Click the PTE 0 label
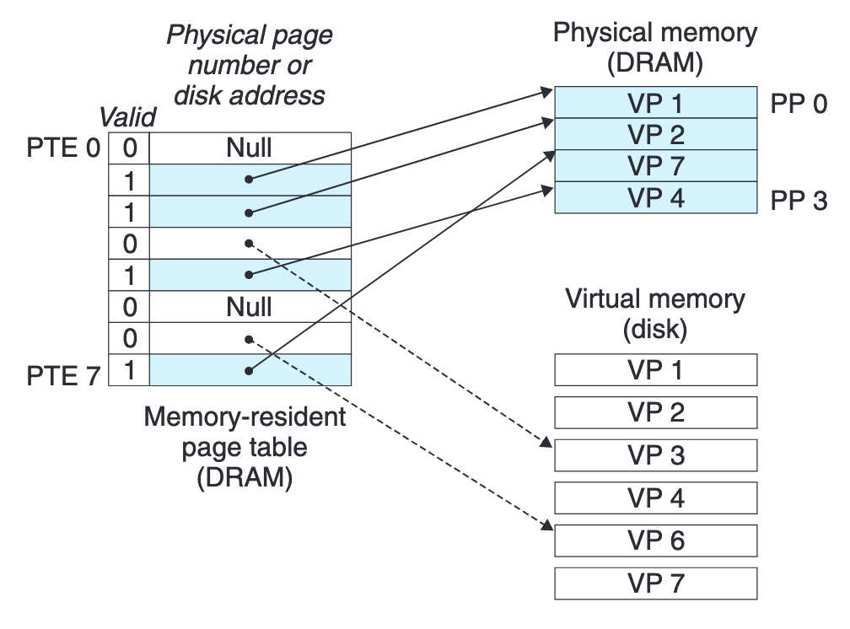63,148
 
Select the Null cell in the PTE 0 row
250,148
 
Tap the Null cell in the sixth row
250,307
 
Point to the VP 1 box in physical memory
655,104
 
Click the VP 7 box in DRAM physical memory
655,166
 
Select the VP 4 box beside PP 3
655,198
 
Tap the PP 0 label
797,104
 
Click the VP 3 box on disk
655,455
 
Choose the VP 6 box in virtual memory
655,540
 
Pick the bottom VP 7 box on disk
655,583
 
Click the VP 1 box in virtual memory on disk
655,369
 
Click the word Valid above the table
127,117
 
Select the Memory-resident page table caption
245,446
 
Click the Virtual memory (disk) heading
655,314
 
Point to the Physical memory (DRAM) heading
655,49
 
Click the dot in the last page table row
250,370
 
